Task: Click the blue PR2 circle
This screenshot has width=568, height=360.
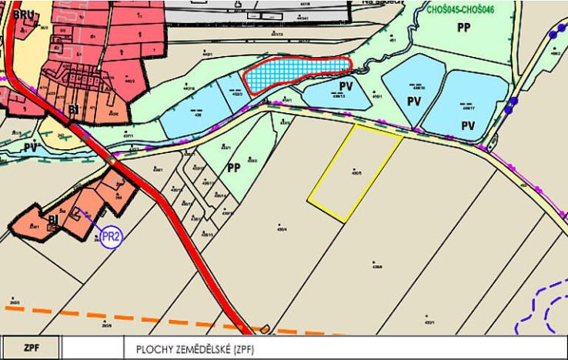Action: (x=112, y=236)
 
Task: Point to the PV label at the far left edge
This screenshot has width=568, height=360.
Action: (x=30, y=146)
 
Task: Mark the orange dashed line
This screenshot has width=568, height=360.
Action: (x=115, y=319)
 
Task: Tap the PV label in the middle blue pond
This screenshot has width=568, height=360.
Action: (x=414, y=101)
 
